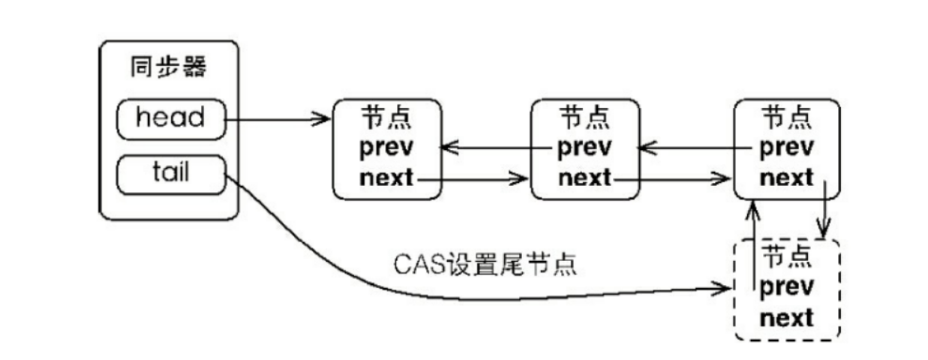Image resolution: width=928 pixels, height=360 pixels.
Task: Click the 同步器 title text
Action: (170, 68)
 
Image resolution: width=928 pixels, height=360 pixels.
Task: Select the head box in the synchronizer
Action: (170, 118)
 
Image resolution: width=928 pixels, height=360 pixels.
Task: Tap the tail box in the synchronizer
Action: (170, 173)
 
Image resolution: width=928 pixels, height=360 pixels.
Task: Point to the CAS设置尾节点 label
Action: (485, 264)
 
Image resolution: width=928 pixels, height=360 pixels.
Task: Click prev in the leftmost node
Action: (386, 146)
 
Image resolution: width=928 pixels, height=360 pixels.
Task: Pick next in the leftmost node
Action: (386, 178)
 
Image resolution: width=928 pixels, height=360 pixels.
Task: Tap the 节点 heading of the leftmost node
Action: (386, 116)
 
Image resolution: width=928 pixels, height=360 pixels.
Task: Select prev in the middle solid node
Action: (585, 146)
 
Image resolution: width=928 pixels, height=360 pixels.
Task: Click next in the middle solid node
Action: (585, 178)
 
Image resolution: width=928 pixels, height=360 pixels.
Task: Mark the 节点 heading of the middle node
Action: (585, 116)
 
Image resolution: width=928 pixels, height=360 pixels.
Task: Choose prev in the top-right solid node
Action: (786, 146)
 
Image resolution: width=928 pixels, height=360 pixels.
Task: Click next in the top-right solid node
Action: (786, 178)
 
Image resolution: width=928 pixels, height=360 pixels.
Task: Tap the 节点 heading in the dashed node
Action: (786, 256)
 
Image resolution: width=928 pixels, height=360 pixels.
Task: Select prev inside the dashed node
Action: (786, 287)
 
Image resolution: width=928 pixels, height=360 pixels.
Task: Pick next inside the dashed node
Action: (786, 318)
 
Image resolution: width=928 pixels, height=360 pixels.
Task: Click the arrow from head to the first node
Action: (278, 118)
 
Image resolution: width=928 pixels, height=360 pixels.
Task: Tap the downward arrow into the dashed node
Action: (826, 210)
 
